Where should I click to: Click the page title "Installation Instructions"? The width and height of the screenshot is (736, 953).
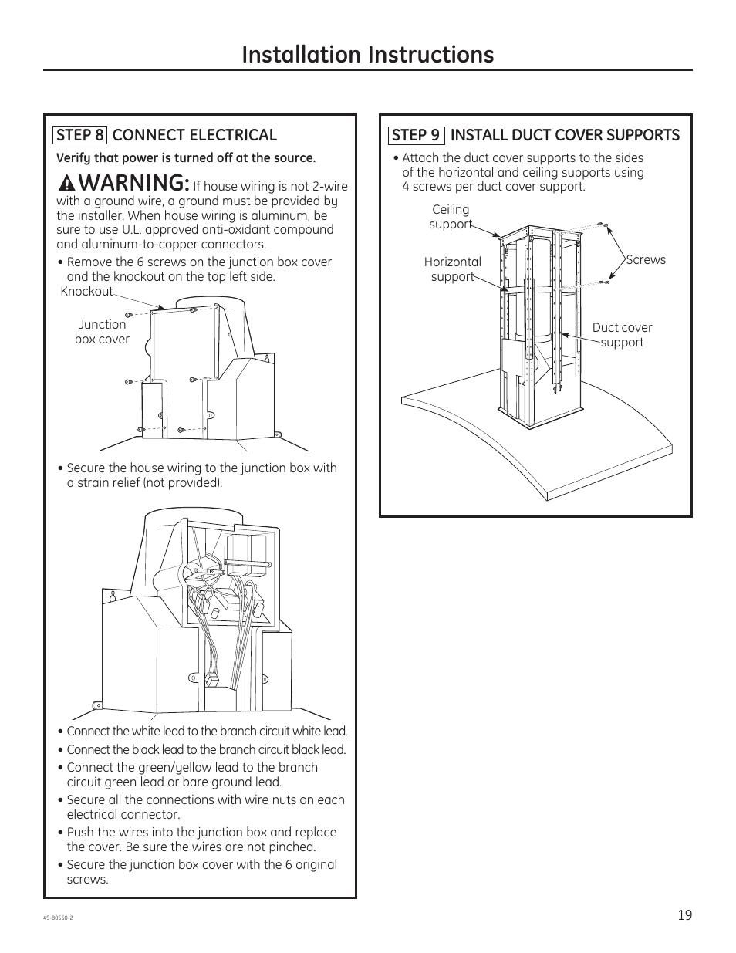(367, 54)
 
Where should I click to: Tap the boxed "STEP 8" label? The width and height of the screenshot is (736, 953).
(80, 135)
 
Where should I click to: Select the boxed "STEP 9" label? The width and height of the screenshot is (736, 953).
(416, 135)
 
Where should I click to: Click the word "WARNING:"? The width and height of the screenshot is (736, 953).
(133, 183)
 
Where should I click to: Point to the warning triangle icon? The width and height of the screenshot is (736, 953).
(67, 184)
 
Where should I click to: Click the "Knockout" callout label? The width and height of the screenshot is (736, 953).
(86, 291)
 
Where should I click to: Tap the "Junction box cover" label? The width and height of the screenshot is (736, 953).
(102, 332)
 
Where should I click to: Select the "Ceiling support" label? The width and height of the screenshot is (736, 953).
(451, 217)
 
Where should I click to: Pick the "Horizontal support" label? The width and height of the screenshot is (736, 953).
(452, 269)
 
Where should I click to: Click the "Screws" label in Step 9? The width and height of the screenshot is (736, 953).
(646, 260)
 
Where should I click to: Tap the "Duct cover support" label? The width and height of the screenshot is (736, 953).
(622, 335)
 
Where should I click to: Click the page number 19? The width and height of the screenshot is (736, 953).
(685, 915)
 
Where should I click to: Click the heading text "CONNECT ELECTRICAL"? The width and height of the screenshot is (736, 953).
(194, 135)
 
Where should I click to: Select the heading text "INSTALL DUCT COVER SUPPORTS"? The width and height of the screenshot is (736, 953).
(565, 135)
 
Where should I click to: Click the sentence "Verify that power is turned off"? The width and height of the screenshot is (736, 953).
(186, 158)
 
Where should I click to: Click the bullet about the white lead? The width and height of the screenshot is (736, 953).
(207, 732)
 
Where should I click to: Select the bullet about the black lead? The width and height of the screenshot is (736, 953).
(206, 750)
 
